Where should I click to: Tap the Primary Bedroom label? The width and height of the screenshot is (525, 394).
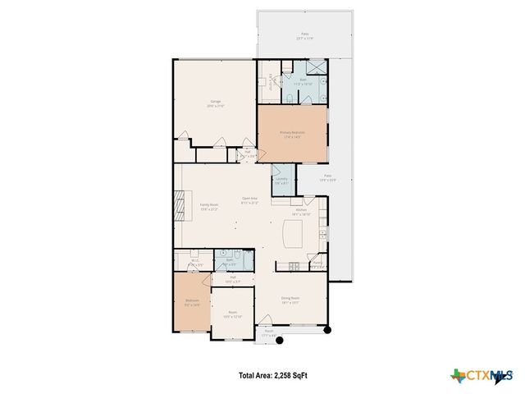point(292,134)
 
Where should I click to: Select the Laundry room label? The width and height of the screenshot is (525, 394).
point(281,181)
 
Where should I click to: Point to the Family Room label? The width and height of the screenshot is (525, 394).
point(208,207)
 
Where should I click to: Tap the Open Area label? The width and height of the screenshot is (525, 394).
point(249,199)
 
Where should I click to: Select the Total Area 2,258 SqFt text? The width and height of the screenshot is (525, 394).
point(273,375)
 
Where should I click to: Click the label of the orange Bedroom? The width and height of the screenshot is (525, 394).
point(192,303)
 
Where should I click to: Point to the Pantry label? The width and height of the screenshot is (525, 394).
point(316,264)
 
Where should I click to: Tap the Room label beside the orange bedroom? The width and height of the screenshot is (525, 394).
point(233,314)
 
